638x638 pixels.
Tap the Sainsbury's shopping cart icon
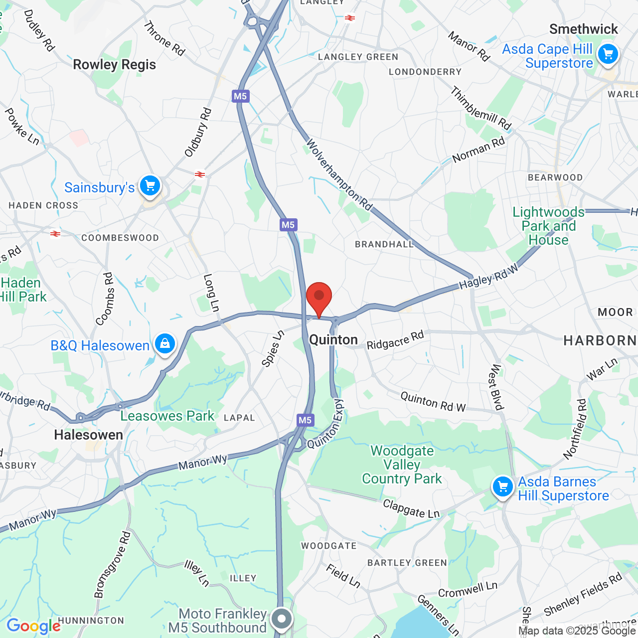(x=150, y=186)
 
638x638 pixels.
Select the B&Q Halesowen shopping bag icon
(x=165, y=343)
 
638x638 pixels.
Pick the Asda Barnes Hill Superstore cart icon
(x=502, y=486)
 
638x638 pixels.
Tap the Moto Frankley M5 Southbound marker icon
(x=282, y=619)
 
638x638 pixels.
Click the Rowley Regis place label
(x=114, y=65)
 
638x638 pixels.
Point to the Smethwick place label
(x=583, y=29)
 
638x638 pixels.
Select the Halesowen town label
(x=88, y=435)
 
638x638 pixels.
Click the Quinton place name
(x=333, y=340)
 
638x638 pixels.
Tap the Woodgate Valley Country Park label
(x=402, y=465)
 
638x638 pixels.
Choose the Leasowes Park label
(x=167, y=416)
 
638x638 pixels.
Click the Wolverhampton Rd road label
(x=338, y=174)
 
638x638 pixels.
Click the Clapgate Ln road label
(x=411, y=509)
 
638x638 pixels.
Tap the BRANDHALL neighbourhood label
(x=384, y=244)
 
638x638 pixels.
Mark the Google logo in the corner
(x=33, y=626)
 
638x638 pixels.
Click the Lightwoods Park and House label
(x=548, y=226)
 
